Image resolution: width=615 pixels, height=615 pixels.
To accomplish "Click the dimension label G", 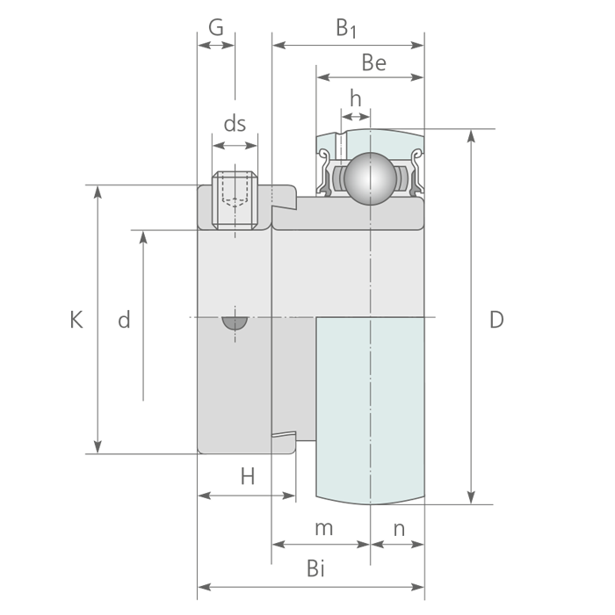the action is (x=216, y=27).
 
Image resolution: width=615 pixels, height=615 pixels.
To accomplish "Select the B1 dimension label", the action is (x=346, y=28).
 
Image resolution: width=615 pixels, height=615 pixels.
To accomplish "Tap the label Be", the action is (x=373, y=62).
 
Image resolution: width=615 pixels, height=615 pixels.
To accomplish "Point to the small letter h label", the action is (x=355, y=98).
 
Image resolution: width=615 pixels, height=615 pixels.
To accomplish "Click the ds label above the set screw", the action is (x=235, y=124).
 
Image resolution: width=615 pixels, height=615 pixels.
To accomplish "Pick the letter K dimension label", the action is (x=76, y=319).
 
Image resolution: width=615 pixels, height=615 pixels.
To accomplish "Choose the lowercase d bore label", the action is (x=124, y=319).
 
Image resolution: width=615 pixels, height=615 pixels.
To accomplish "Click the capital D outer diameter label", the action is (x=496, y=319).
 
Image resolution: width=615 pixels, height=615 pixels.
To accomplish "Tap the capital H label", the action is (x=248, y=476).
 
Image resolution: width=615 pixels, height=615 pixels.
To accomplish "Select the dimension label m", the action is (x=324, y=528).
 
